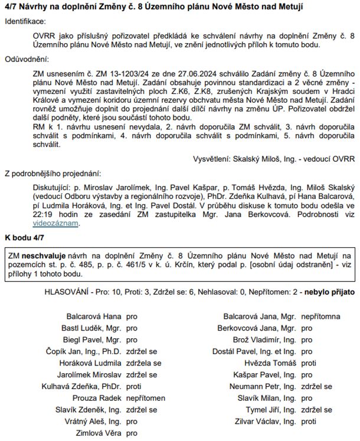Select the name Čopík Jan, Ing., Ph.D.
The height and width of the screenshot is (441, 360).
point(84,351)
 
